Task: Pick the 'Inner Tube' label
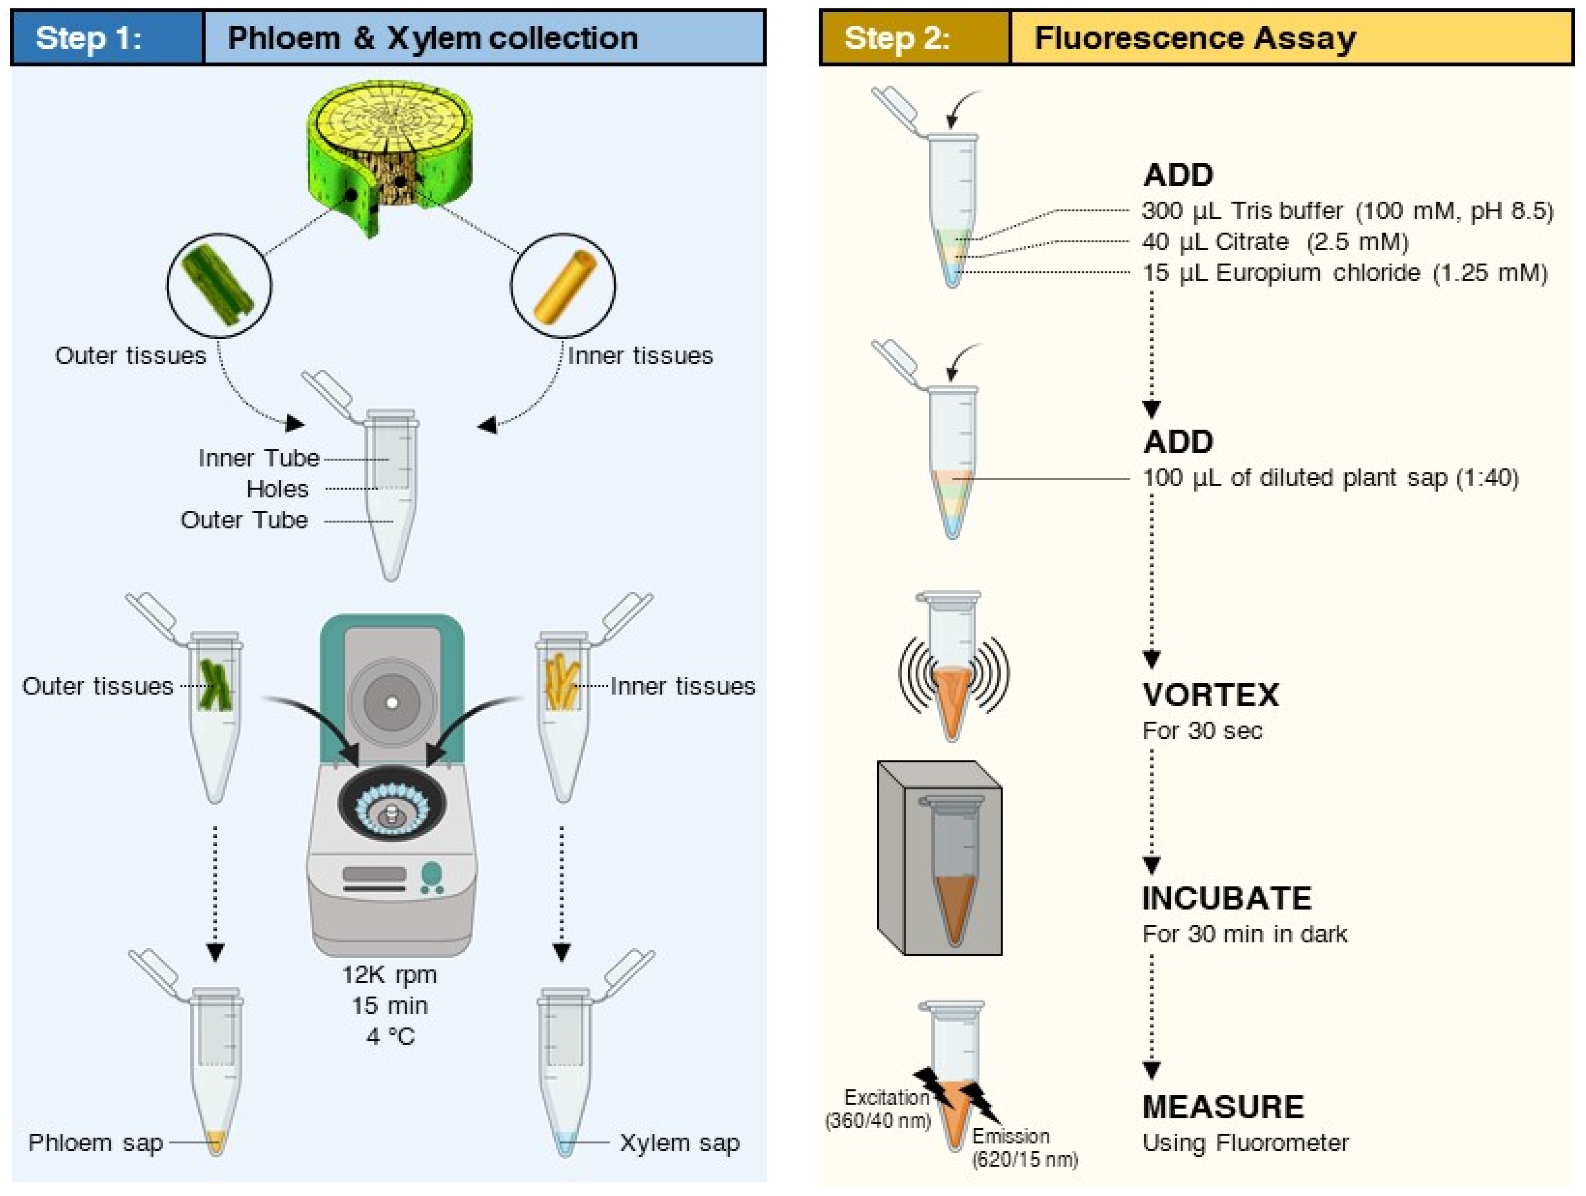click(259, 458)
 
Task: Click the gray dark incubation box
click(939, 858)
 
